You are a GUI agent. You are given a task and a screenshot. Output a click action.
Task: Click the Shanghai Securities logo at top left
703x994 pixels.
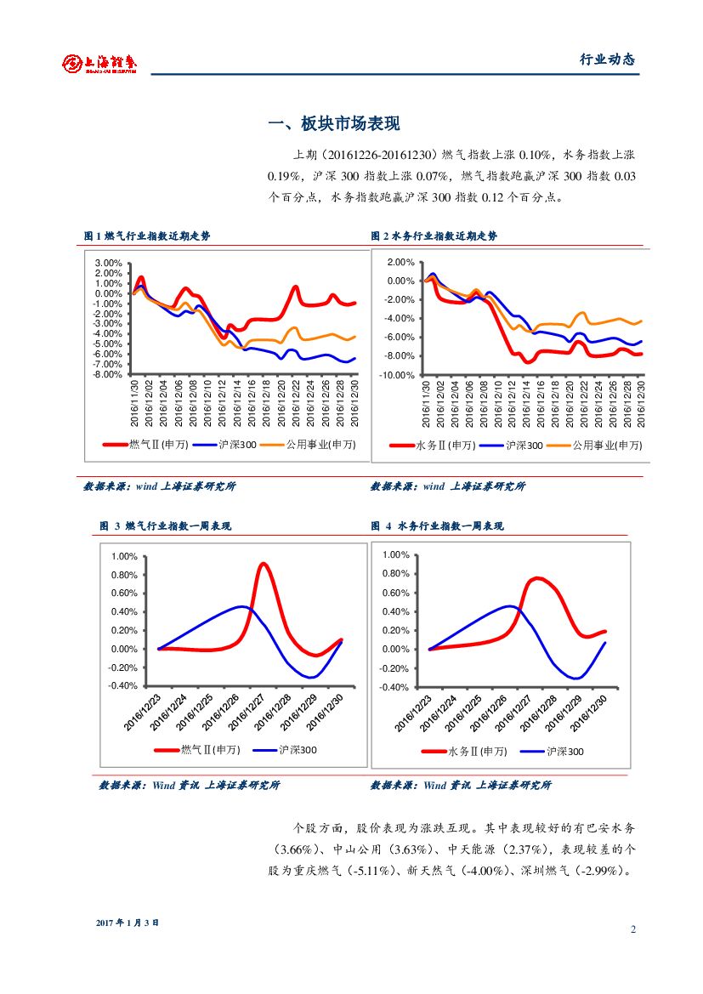click(x=99, y=62)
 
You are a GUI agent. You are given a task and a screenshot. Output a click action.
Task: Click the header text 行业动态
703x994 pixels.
click(x=607, y=60)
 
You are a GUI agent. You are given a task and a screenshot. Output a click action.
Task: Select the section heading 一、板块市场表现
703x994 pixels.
click(x=333, y=123)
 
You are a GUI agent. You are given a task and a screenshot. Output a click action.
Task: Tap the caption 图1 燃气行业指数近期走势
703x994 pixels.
click(x=147, y=236)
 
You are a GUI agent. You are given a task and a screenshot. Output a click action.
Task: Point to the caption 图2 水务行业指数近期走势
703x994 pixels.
click(x=434, y=236)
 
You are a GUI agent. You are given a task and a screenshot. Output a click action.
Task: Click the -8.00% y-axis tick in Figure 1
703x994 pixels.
click(x=108, y=374)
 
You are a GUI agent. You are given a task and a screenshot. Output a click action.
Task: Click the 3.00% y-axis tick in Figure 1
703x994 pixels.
click(x=110, y=263)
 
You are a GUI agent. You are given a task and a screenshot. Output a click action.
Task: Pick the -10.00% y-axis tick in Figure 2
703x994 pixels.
click(x=397, y=375)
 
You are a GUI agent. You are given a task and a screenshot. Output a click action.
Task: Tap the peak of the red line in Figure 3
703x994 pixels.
click(x=264, y=564)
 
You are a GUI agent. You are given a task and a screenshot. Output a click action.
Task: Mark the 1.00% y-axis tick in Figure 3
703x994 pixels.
click(x=124, y=556)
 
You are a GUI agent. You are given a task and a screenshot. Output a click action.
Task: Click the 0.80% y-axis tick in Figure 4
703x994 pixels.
click(x=396, y=574)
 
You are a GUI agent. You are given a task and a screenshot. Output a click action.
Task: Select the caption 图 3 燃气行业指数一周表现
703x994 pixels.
click(x=165, y=526)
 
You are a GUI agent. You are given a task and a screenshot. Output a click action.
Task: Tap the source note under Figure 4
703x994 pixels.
click(x=461, y=786)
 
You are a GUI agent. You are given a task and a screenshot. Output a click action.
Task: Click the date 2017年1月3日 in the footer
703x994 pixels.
click(x=128, y=923)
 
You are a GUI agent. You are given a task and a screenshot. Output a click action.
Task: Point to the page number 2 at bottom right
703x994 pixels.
click(x=633, y=929)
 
